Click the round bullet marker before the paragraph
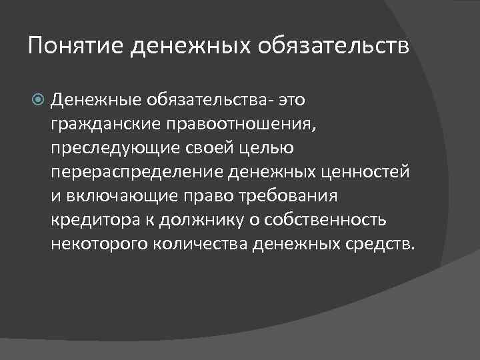click(39, 101)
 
